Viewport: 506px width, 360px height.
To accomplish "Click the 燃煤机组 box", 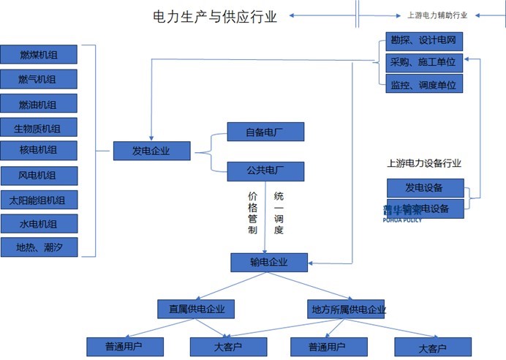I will point(38,55).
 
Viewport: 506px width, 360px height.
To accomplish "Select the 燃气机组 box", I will point(38,79).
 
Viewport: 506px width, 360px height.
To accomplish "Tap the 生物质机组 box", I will point(38,127).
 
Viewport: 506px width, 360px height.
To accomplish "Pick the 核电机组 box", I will point(38,151).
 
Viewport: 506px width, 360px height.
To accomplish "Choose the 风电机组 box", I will point(38,176).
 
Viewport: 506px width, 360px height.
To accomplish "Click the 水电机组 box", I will point(38,224).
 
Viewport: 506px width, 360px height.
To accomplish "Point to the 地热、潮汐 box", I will point(38,247).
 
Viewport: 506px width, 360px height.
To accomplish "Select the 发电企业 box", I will point(151,151).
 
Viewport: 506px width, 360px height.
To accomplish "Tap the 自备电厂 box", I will point(265,132).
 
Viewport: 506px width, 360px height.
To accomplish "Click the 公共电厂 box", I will point(265,171).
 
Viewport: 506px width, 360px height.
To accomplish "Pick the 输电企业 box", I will point(269,262).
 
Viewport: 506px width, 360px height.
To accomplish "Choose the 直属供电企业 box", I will point(196,309).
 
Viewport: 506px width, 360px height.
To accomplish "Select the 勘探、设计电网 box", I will point(424,41).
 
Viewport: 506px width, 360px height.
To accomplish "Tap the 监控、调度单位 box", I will point(424,85).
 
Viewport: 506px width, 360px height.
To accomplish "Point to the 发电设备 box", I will point(424,187).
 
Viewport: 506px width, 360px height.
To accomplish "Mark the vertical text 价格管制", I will point(253,213).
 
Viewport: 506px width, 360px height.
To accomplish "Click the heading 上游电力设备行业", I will point(424,163).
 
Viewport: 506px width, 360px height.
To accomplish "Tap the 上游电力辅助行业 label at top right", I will point(437,15).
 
